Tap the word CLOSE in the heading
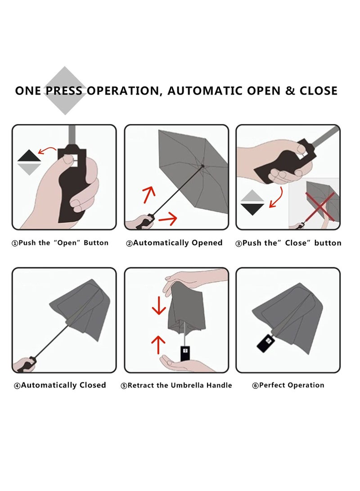pos(318,91)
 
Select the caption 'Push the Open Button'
pos(60,243)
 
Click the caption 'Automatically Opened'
pos(174,243)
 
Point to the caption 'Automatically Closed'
pos(60,385)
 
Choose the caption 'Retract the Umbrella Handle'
pos(176,386)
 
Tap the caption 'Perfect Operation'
pos(288,385)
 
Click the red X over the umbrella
pos(319,207)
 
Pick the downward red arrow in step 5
pos(159,305)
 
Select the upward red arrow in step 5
pos(158,345)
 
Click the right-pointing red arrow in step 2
pos(168,218)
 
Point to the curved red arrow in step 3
pos(277,197)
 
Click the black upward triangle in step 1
pos(29,156)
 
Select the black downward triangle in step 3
pos(252,209)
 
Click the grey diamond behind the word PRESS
pos(65,90)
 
